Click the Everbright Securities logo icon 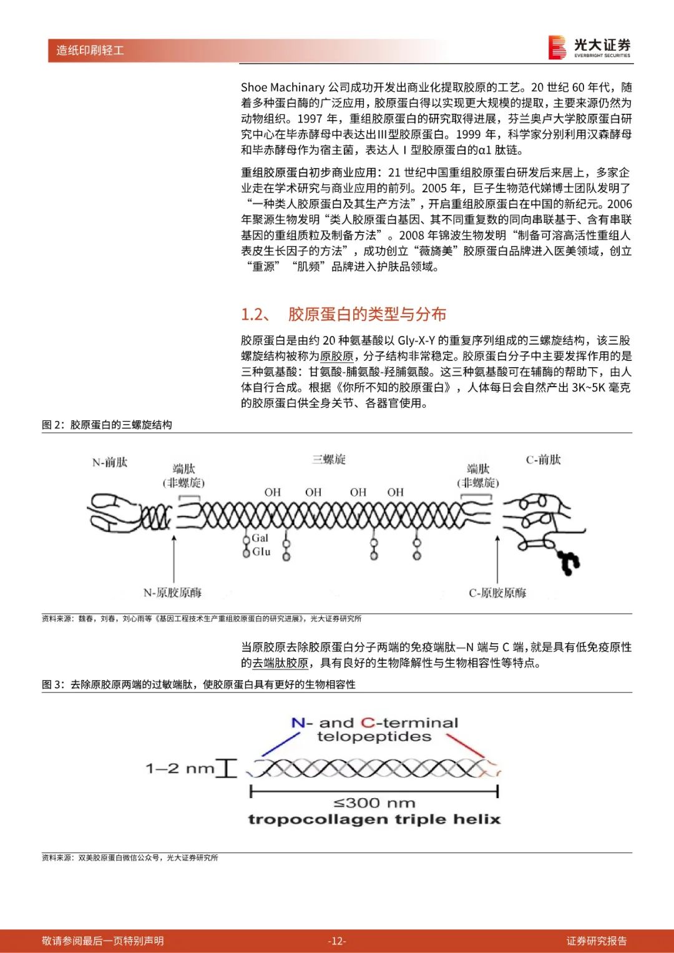[557, 47]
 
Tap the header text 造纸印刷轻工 [90, 51]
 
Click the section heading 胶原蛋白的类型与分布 [367, 314]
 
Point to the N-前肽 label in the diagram [110, 462]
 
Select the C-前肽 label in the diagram [543, 460]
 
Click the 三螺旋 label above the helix [329, 460]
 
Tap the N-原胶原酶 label [172, 593]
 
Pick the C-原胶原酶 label [497, 593]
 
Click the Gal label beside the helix [260, 538]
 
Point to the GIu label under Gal [261, 552]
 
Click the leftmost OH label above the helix [273, 493]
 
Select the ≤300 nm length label [374, 803]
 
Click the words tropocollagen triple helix [374, 819]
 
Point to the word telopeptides [374, 737]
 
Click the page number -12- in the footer [337, 941]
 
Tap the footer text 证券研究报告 [596, 941]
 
